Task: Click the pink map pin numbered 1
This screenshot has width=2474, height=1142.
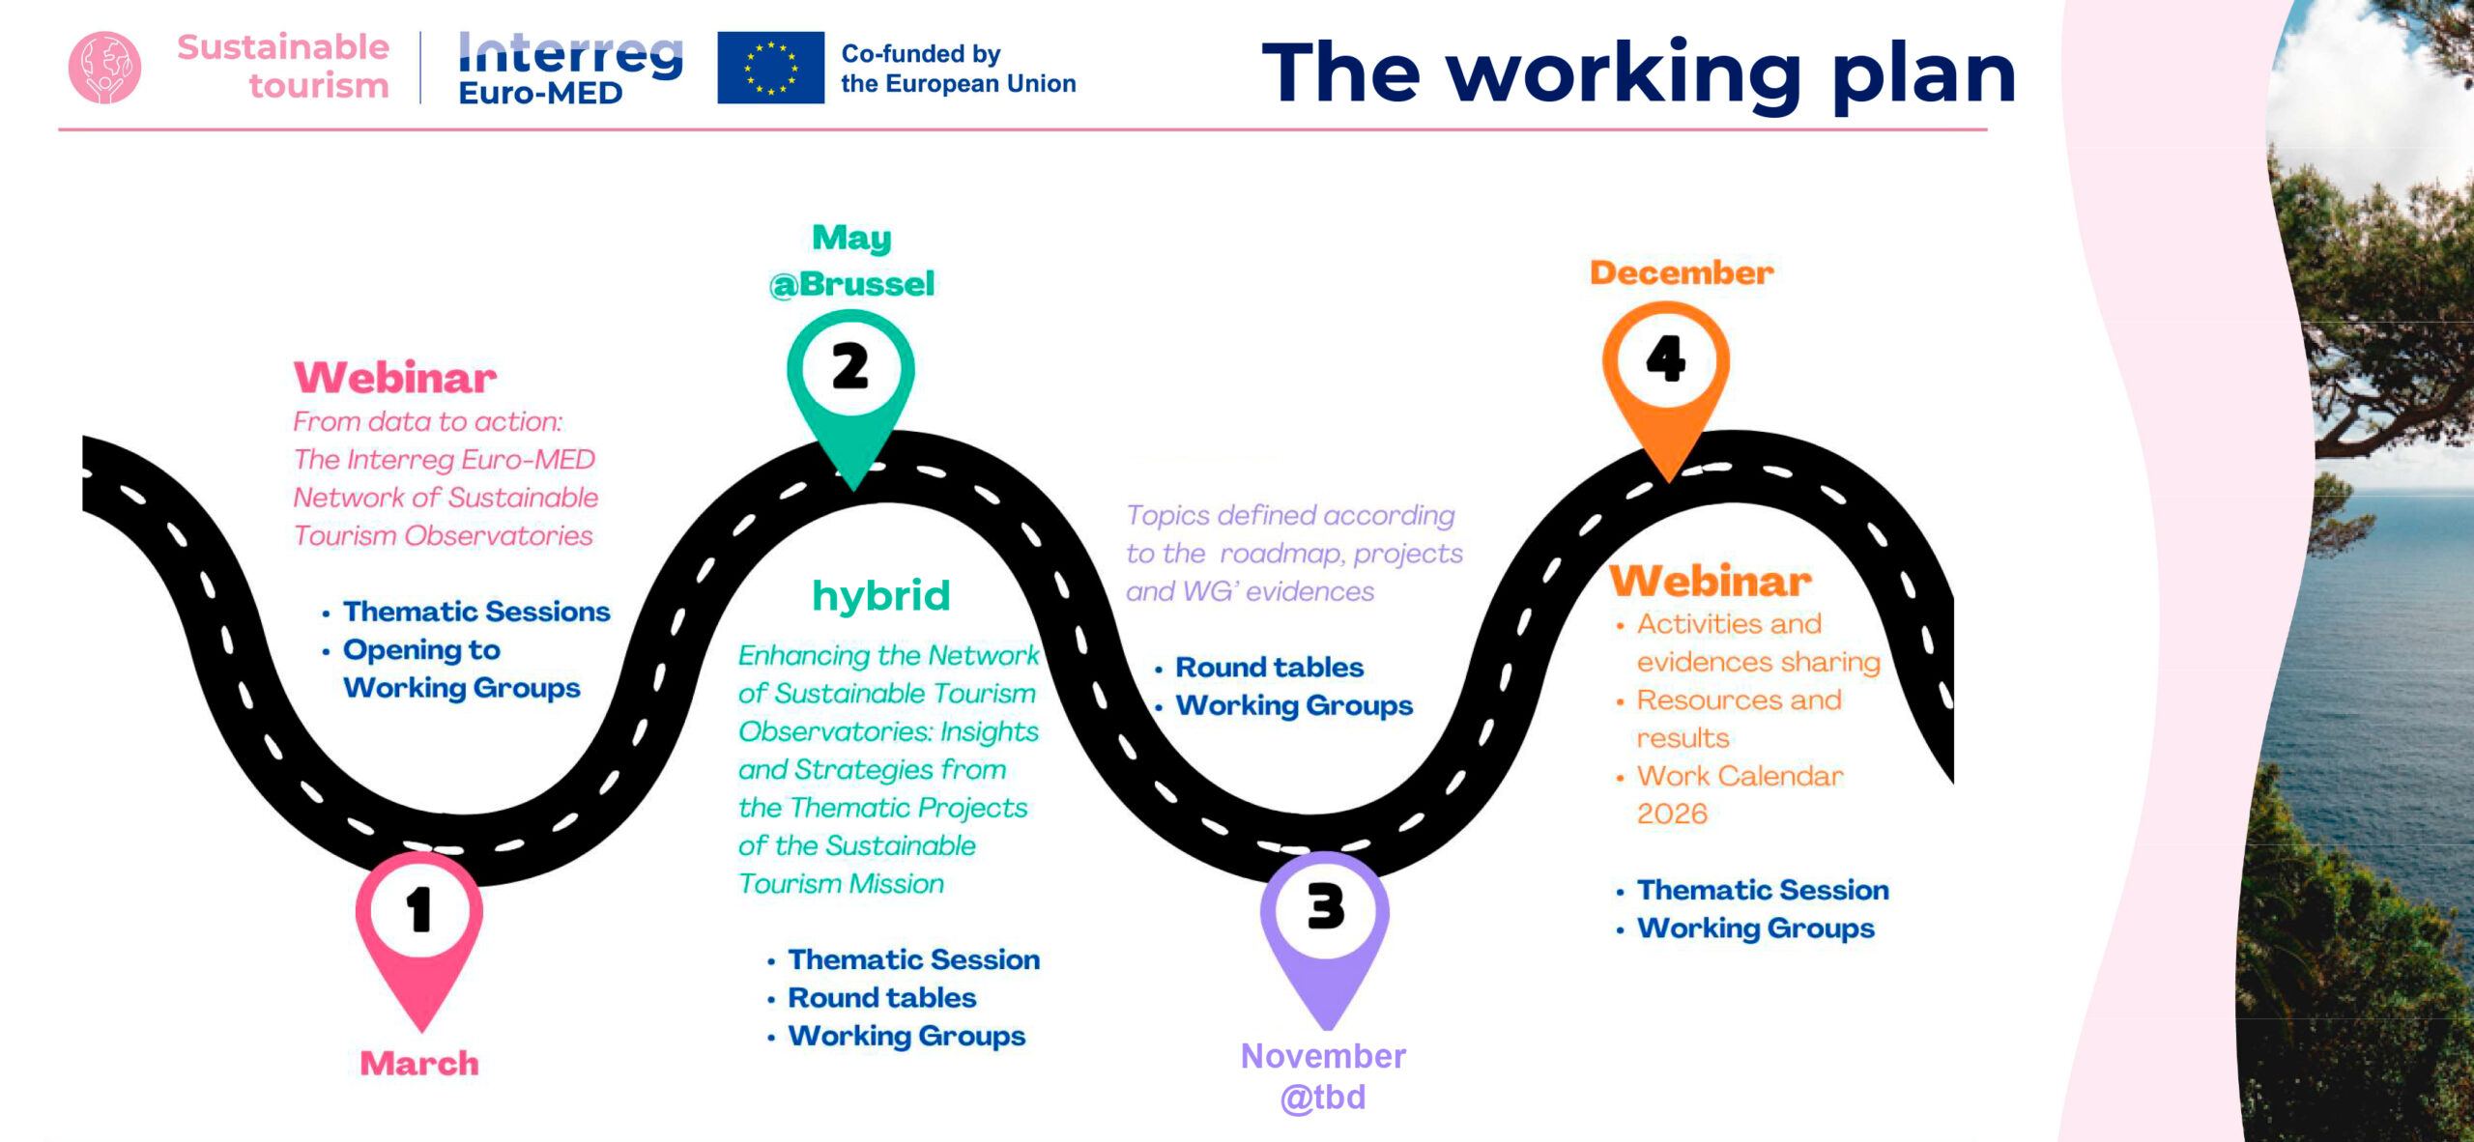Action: pos(419,928)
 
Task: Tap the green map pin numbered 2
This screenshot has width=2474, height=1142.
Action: pos(850,386)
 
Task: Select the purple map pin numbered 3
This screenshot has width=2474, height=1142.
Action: pos(1325,928)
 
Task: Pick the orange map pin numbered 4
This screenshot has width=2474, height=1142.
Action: pos(1666,377)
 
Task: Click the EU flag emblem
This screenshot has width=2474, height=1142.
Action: pos(770,68)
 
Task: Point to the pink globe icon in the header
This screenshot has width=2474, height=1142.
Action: pos(104,68)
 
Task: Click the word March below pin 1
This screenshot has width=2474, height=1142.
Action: pos(419,1063)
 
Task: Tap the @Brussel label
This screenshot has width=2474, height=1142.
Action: pos(851,284)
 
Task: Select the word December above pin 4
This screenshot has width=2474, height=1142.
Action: pos(1682,272)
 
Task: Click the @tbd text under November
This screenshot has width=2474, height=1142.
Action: pos(1323,1098)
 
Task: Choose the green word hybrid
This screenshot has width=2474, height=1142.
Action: pos(881,596)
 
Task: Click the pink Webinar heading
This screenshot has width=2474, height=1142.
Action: pos(395,378)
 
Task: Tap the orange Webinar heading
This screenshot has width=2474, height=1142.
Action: pos(1711,581)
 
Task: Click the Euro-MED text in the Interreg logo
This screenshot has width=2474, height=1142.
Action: pos(540,93)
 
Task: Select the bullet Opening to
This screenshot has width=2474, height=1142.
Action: pos(421,650)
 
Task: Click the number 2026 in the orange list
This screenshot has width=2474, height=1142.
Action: pos(1672,814)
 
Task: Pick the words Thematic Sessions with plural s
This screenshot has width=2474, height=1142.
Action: pos(476,612)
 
